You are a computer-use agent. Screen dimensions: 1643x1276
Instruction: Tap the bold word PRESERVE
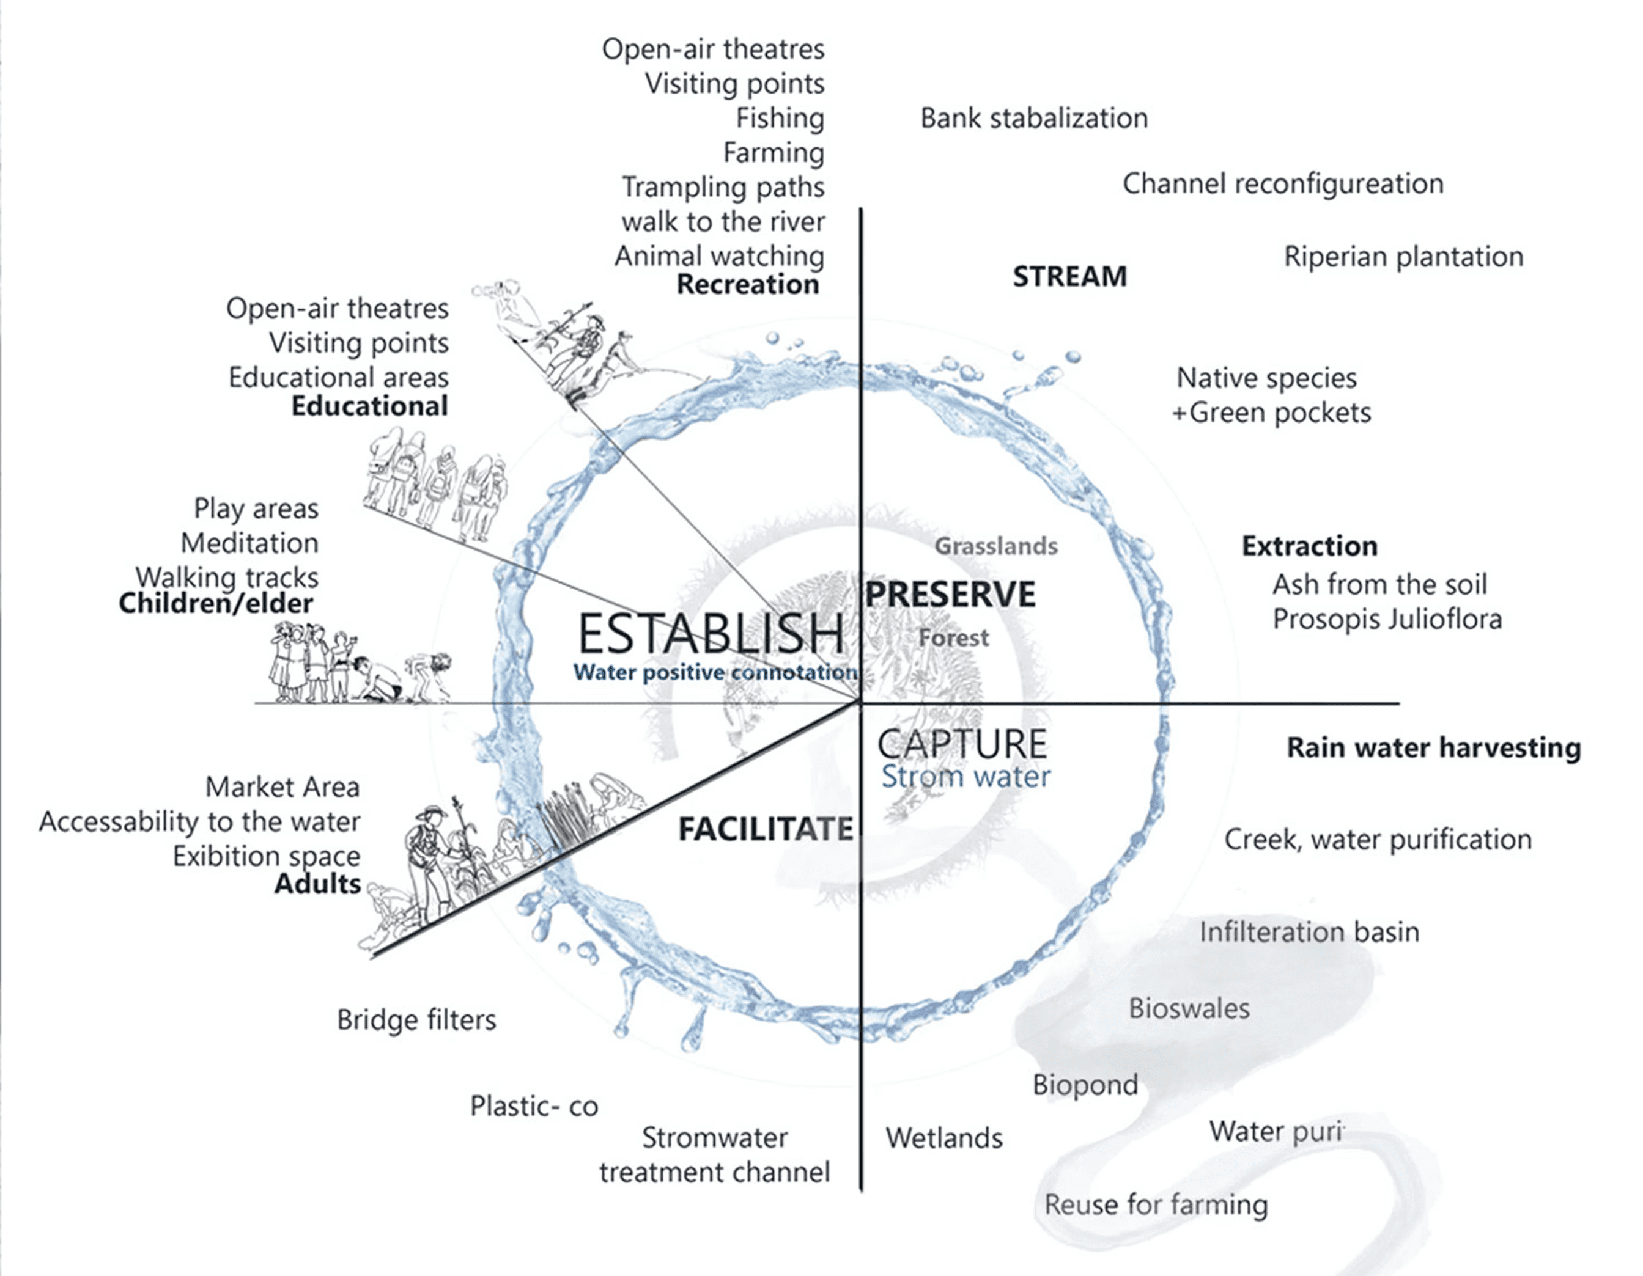(950, 594)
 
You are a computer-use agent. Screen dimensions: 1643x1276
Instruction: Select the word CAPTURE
(962, 744)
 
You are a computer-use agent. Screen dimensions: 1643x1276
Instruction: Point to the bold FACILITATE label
(766, 829)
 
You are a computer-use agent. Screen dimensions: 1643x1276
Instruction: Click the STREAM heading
(1070, 276)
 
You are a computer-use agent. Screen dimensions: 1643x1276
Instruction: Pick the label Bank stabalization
(1033, 118)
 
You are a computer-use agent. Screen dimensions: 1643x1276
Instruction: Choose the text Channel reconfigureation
(1283, 183)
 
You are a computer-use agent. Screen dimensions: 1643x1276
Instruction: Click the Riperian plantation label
(1403, 257)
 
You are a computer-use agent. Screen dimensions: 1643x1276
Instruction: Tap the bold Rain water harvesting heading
(1433, 747)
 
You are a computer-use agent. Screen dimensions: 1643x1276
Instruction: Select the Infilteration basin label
(1309, 931)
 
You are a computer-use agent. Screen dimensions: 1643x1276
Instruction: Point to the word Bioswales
(1189, 1008)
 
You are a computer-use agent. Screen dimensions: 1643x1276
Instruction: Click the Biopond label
(1085, 1084)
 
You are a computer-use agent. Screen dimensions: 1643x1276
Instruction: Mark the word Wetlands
(944, 1138)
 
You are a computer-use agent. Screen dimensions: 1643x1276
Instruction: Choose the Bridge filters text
(416, 1019)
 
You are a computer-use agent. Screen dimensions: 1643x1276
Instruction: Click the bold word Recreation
(747, 284)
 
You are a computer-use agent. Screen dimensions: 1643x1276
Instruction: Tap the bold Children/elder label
(216, 603)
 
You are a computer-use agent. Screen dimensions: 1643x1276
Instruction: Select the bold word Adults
(317, 884)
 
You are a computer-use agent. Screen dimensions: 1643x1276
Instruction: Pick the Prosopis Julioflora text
(1386, 619)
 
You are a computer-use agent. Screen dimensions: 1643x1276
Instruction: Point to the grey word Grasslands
(996, 545)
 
